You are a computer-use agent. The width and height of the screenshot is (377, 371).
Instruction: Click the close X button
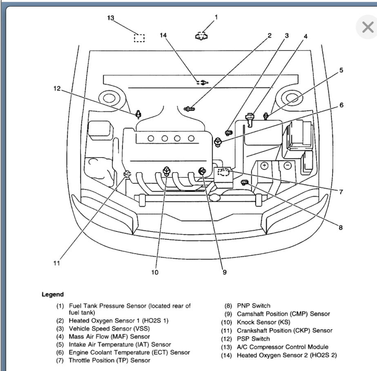click(367, 27)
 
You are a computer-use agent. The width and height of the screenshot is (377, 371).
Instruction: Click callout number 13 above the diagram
click(110, 18)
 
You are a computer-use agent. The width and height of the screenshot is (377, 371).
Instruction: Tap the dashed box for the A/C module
click(139, 38)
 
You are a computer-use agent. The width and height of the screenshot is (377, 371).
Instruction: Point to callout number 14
click(163, 35)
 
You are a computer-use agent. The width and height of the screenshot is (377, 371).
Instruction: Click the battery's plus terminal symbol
click(264, 166)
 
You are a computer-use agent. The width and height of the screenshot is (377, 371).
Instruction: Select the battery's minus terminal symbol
click(288, 166)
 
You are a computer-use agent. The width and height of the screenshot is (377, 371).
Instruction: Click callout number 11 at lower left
click(56, 263)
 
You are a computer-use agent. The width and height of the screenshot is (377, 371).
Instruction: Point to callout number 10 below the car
click(154, 272)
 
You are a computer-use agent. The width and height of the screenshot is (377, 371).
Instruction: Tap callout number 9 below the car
click(224, 272)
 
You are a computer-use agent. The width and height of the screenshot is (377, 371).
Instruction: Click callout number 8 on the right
click(340, 228)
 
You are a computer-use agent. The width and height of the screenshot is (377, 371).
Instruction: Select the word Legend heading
click(53, 294)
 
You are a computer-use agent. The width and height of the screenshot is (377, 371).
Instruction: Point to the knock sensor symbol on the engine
click(167, 171)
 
